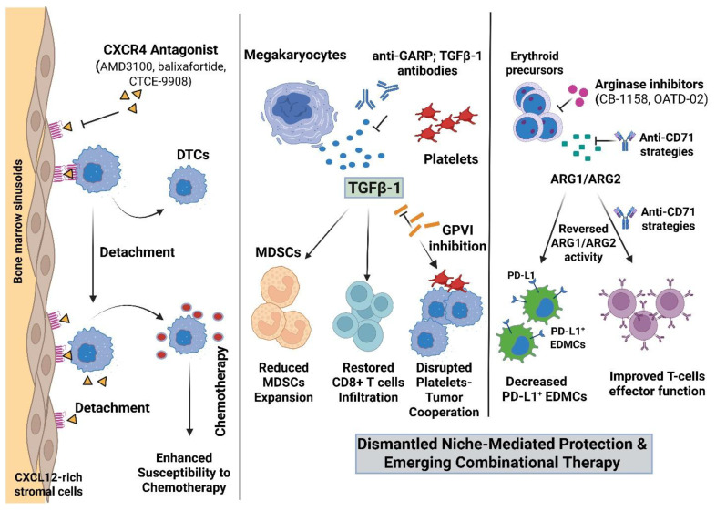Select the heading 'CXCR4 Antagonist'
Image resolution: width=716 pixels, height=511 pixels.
coord(160,49)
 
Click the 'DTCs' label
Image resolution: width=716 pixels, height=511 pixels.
coord(193,155)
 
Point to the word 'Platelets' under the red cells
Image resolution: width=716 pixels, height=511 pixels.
coord(451,158)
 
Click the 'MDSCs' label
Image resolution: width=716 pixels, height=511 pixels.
coord(278,252)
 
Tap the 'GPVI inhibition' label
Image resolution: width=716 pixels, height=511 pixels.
coord(457,238)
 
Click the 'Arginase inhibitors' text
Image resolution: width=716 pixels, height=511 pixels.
coord(649,85)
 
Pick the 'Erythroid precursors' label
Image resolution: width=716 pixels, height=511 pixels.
coord(534,63)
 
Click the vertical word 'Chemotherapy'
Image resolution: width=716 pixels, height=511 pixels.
coord(220,392)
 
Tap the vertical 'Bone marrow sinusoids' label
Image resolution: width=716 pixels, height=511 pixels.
coord(18,221)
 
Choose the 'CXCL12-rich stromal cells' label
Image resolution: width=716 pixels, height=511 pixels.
coord(48,485)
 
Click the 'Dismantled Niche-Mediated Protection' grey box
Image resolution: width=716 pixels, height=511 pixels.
coord(502,453)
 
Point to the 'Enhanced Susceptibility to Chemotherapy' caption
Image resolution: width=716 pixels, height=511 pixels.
coord(184,473)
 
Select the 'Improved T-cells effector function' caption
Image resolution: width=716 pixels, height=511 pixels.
coord(657,383)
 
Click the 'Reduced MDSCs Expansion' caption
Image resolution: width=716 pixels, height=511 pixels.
coord(283,383)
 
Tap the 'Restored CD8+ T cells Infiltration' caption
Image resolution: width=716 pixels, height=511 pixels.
coord(368,383)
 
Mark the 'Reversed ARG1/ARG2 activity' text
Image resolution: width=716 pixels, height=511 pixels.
coord(583,243)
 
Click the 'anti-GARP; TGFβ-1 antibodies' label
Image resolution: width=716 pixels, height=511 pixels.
coord(427,63)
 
